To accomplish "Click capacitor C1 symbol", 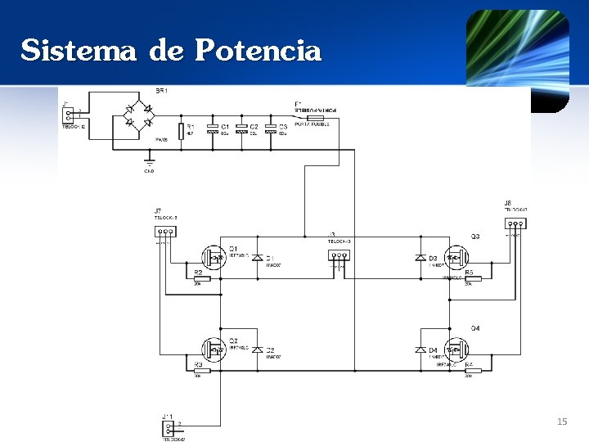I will [213, 129].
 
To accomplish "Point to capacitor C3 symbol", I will [272, 129].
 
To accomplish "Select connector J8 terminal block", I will [515, 223].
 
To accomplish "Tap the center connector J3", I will [339, 255].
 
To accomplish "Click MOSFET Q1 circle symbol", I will [215, 258].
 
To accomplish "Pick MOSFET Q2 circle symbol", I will [215, 350].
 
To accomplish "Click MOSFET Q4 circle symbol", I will [456, 350].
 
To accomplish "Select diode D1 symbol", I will [257, 258].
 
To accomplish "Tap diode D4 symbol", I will [420, 350].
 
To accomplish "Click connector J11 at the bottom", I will [169, 427].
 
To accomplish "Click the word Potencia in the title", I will [259, 51].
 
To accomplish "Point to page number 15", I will [561, 422].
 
